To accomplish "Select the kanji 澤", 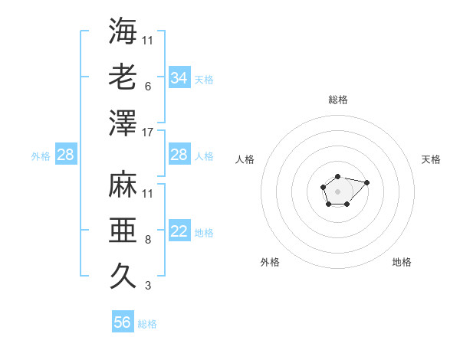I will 123,123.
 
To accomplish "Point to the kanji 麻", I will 123,185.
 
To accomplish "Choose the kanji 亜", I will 123,231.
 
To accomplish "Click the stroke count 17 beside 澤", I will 148,133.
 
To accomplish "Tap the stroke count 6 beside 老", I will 147,87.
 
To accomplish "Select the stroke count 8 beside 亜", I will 147,240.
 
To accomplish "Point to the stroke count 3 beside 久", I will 147,286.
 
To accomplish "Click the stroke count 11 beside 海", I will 148,40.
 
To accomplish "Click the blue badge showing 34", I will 179,78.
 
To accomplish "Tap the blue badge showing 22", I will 179,232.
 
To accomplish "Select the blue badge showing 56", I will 123,322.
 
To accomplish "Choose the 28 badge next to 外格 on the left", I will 65,155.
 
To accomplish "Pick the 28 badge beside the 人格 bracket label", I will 179,155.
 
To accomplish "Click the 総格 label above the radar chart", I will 338,100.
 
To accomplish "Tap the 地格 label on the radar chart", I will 402,262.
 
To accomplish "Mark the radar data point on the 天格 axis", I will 366,182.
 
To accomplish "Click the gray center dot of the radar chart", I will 337,190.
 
